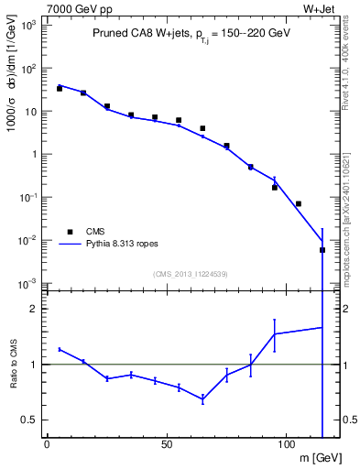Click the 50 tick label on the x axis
(166, 445)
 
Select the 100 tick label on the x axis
(286, 445)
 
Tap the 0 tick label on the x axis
(47, 445)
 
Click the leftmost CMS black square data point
(60, 89)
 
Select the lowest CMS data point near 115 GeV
(322, 250)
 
